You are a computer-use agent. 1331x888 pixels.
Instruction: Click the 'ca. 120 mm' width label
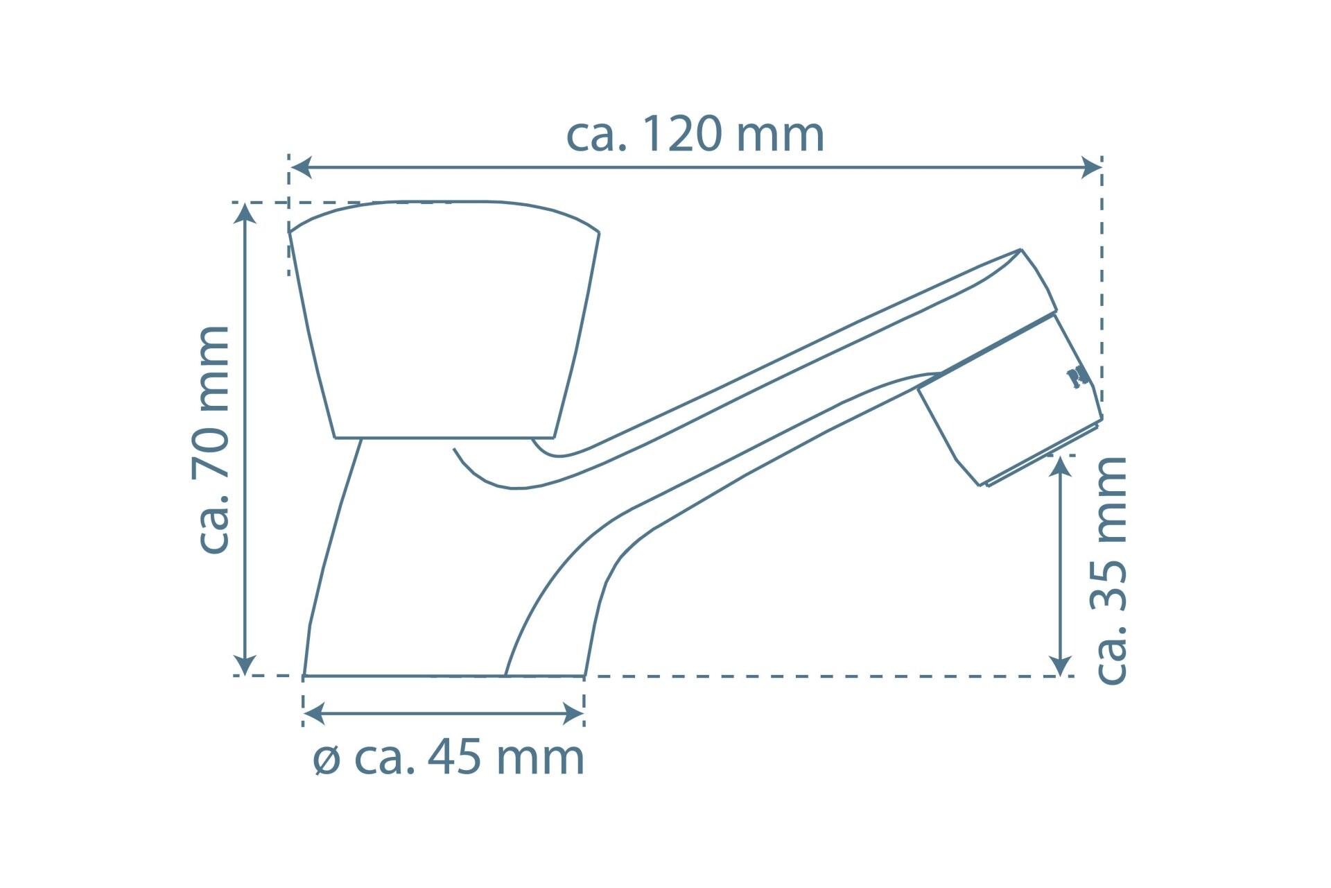[695, 135]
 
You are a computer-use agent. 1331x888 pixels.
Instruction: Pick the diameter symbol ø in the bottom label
[327, 761]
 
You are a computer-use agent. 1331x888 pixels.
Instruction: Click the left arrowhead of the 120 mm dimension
[300, 167]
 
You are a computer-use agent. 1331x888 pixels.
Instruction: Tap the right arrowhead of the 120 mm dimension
[1091, 167]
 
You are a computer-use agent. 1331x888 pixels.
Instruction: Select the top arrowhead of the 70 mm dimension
[245, 213]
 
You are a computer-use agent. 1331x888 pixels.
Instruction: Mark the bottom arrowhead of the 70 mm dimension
[245, 665]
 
